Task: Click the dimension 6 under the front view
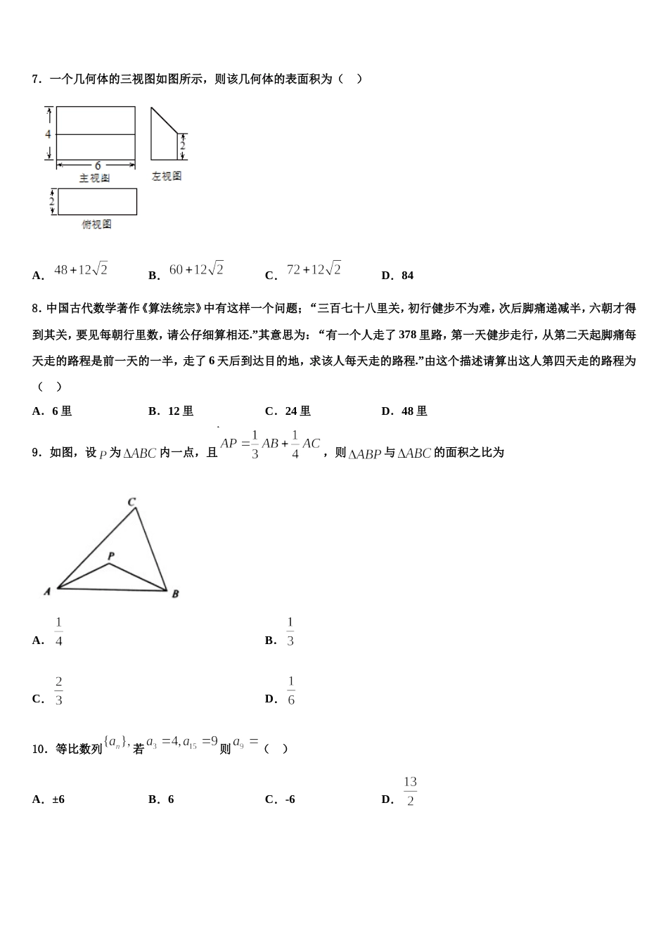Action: [97, 166]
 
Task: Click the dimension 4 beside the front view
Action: [48, 134]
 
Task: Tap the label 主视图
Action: [94, 179]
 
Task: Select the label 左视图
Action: [167, 176]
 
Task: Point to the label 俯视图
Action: [96, 224]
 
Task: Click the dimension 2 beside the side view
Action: [182, 146]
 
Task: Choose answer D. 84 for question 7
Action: [397, 276]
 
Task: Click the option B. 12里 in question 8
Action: [171, 411]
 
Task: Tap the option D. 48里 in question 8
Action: [404, 411]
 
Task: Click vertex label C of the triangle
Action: [131, 502]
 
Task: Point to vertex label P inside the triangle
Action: [111, 556]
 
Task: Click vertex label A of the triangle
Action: [47, 592]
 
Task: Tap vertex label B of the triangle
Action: [175, 593]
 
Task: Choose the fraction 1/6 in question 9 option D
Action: [291, 691]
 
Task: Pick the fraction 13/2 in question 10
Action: [410, 792]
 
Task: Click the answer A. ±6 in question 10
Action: [49, 799]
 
